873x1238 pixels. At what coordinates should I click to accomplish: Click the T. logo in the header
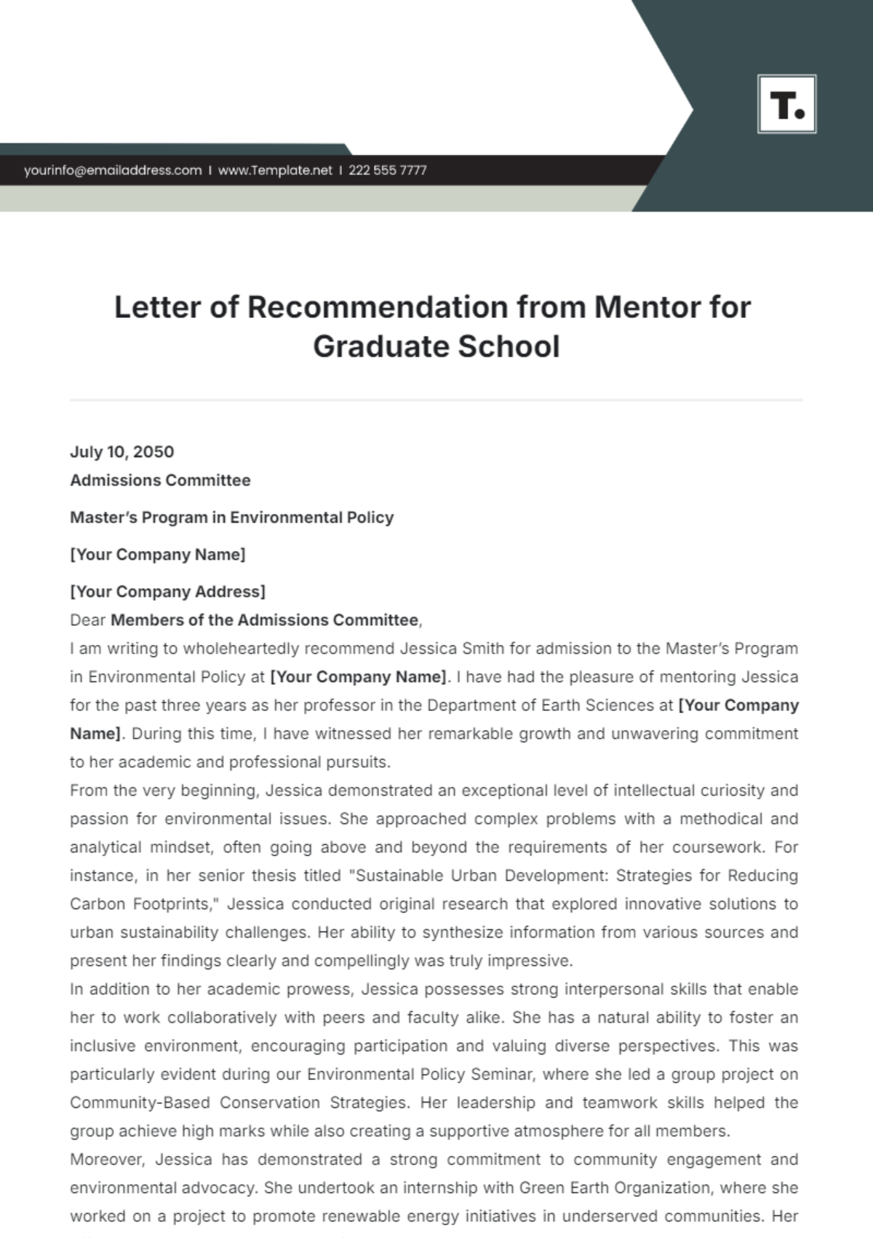786,104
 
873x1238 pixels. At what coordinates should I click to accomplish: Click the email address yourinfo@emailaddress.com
113,170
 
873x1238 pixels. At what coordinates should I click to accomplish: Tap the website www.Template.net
275,170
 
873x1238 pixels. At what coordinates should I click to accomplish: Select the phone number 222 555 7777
388,170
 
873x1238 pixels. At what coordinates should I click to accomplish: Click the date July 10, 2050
122,452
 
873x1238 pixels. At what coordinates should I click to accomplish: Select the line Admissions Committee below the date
160,480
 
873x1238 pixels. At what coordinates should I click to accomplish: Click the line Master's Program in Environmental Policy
231,517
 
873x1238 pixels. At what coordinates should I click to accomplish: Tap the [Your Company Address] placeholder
167,592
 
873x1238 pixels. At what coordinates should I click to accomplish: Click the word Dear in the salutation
87,620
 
